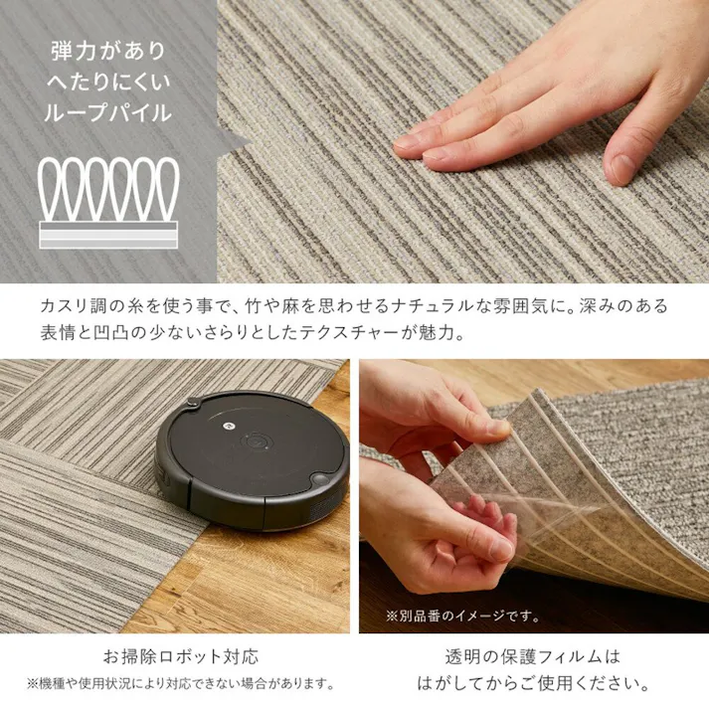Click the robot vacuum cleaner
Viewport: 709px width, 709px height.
[253, 460]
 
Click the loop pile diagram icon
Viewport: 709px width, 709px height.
[108, 202]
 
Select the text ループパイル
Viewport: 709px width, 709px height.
[108, 112]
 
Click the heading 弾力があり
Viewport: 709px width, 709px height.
[108, 51]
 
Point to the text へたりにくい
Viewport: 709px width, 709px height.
[108, 82]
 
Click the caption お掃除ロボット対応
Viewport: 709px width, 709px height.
[181, 656]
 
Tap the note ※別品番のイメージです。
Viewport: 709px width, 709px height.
[462, 616]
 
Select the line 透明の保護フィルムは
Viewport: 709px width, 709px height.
[532, 656]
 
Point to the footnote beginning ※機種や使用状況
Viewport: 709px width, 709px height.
[181, 683]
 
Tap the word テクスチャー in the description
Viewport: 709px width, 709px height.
[350, 333]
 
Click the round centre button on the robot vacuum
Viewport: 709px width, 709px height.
[257, 440]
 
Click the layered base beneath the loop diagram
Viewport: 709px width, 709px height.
[108, 235]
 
